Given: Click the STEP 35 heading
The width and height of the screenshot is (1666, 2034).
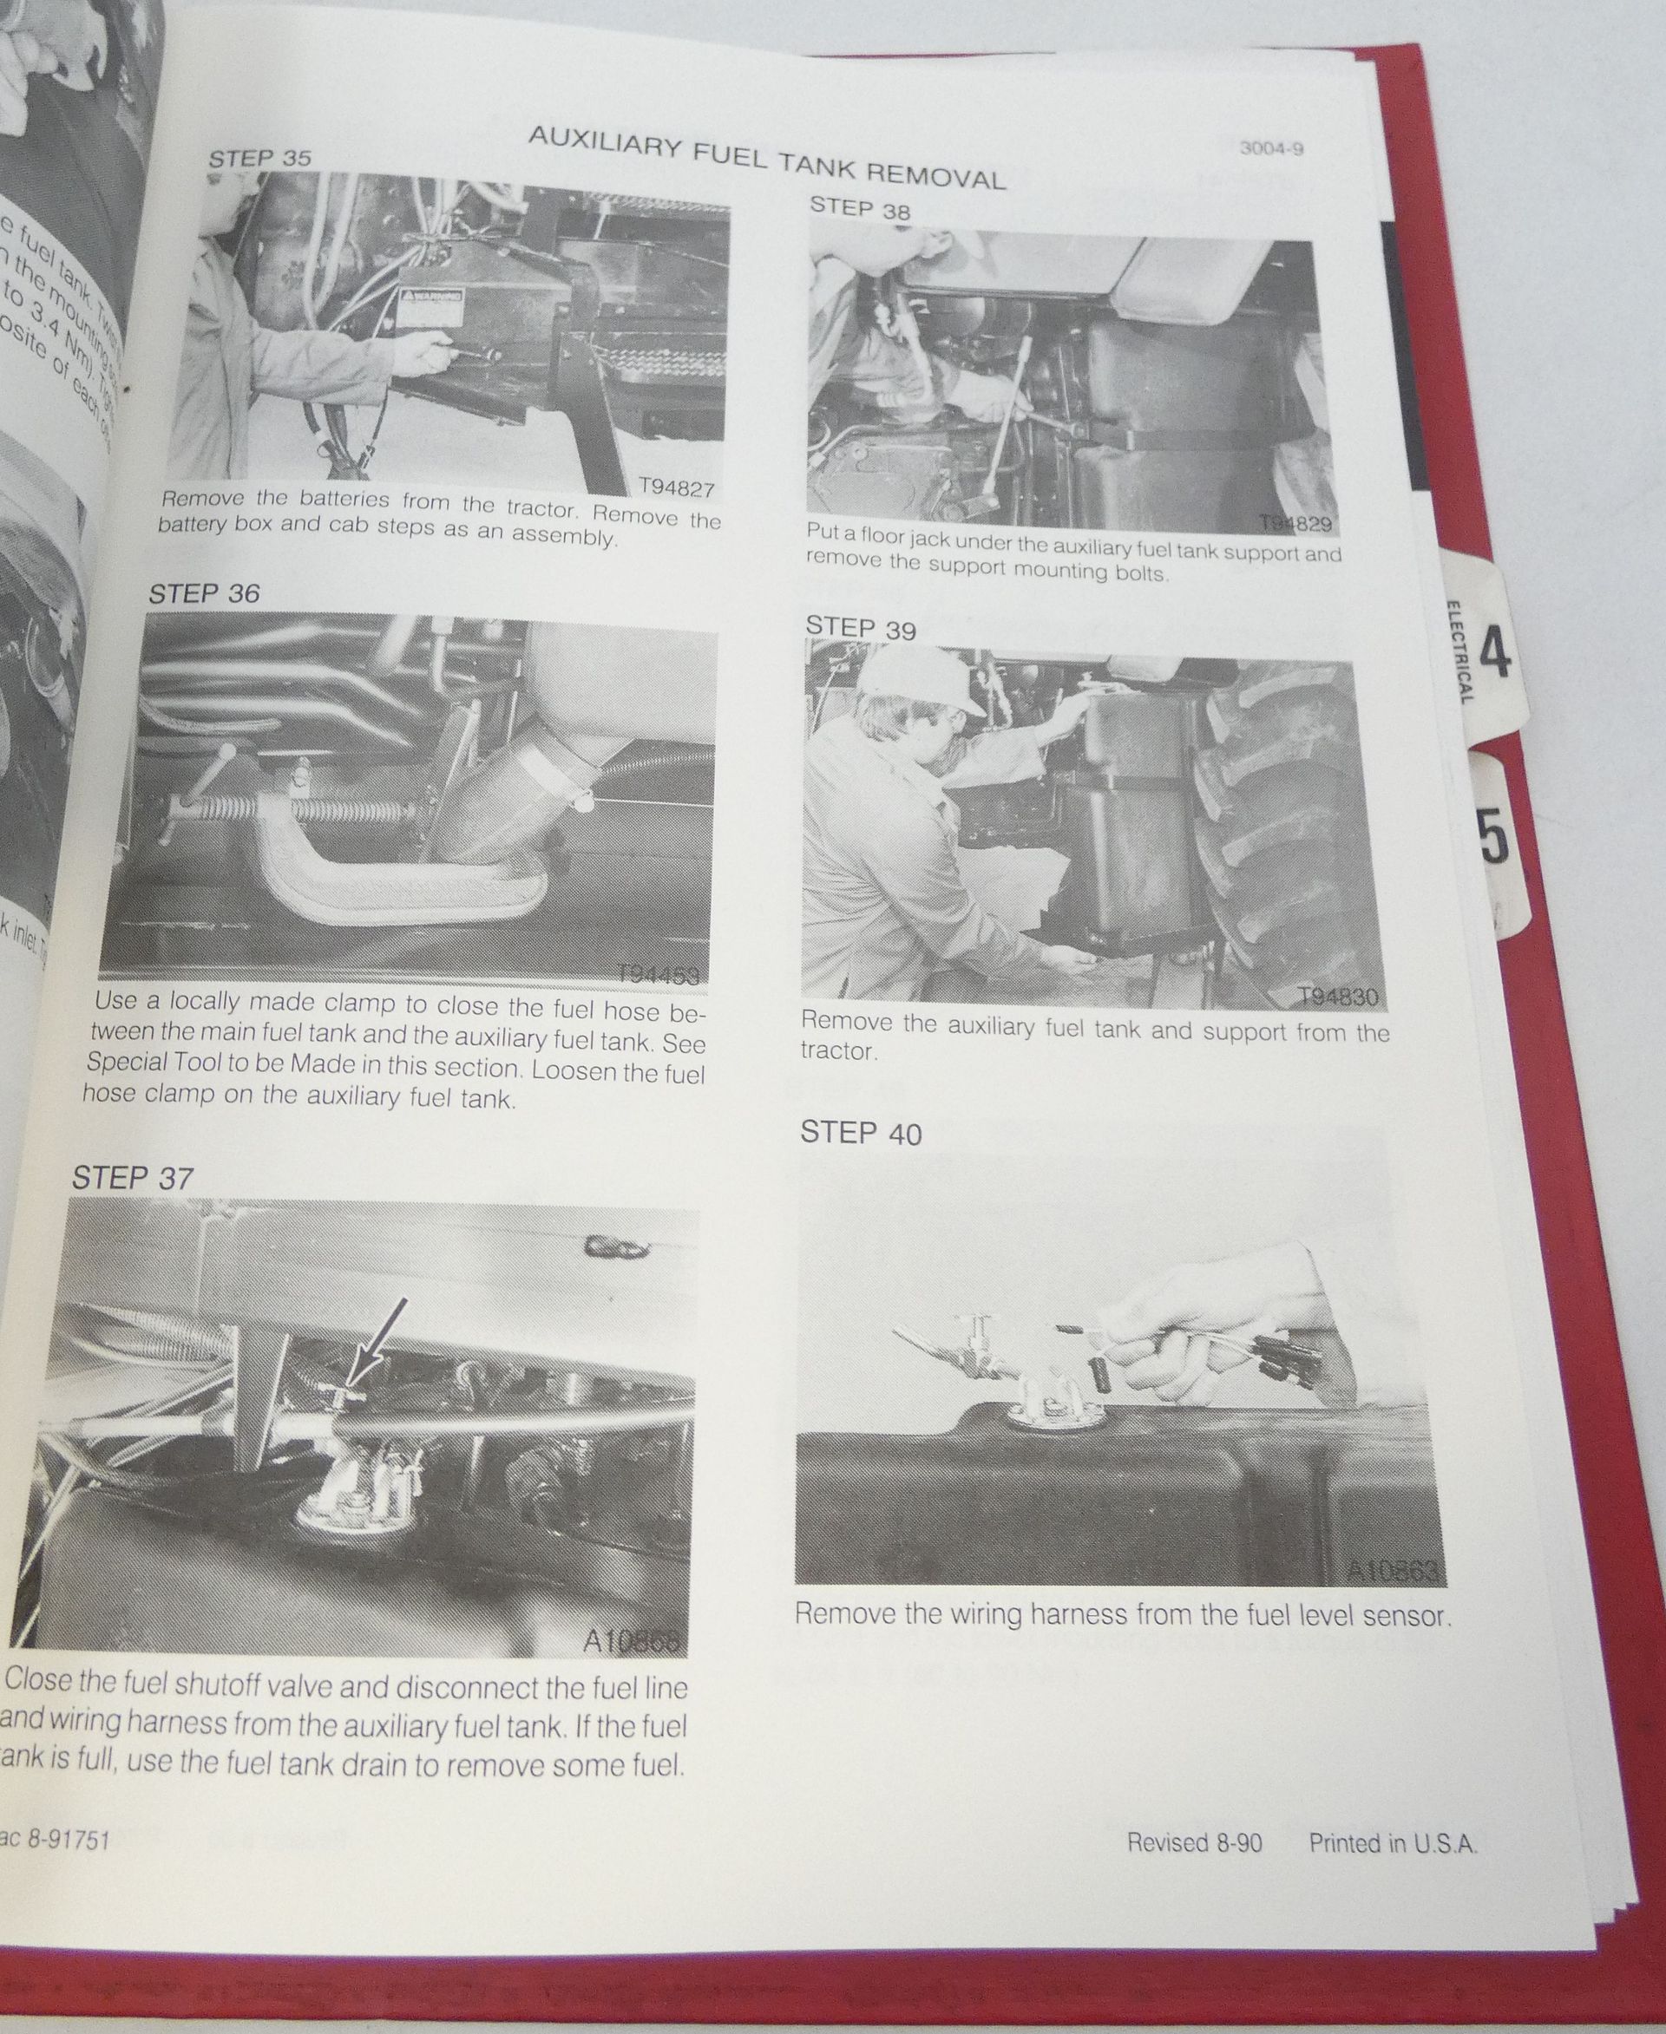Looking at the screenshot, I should [x=260, y=157].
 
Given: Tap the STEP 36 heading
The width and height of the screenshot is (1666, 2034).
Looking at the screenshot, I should [x=203, y=594].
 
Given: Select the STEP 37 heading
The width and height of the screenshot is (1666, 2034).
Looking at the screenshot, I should [x=133, y=1177].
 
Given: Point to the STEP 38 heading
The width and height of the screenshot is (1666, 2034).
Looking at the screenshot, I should [x=860, y=208].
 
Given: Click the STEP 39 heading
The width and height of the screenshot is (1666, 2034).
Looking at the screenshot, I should [x=861, y=629].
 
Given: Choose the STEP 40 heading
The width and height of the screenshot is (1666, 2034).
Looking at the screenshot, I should [x=861, y=1133].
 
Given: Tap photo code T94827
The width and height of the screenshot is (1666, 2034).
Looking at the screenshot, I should [x=677, y=490].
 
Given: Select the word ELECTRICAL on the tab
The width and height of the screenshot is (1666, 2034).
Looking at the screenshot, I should [x=1455, y=651].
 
